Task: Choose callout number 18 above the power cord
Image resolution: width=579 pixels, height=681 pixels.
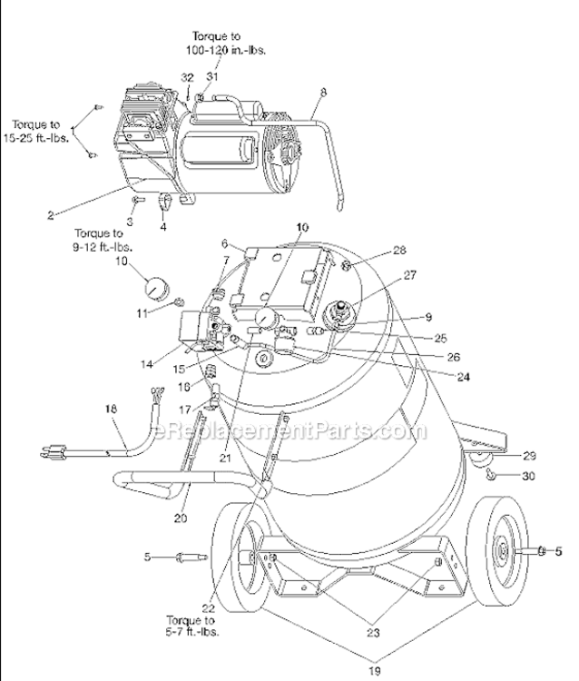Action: tap(112, 410)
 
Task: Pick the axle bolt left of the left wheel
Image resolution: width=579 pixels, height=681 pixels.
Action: tap(191, 556)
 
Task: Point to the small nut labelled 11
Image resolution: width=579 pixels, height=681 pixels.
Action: tap(180, 301)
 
